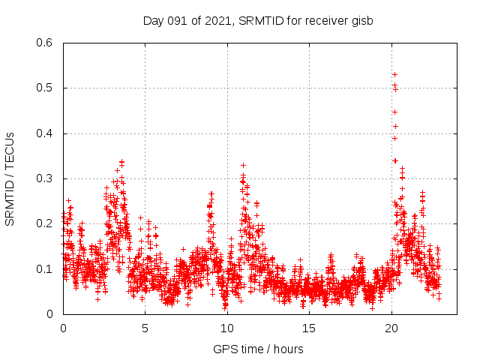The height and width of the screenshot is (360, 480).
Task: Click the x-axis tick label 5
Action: click(x=145, y=328)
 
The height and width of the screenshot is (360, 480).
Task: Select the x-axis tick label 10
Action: click(x=227, y=328)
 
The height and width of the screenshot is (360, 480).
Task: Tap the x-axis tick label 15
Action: click(x=309, y=328)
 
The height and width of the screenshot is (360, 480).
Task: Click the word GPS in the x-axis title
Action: click(x=224, y=349)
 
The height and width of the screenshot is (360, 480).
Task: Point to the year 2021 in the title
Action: click(x=215, y=20)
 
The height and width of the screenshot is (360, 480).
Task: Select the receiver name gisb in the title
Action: click(x=361, y=20)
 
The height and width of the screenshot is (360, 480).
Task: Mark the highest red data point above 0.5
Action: click(x=394, y=74)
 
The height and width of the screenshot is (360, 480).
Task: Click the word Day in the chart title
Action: click(x=153, y=20)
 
